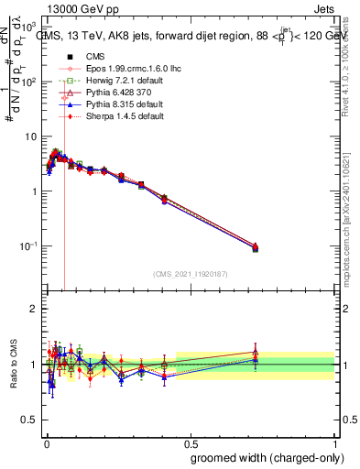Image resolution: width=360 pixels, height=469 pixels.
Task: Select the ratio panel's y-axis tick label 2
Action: tap(35, 309)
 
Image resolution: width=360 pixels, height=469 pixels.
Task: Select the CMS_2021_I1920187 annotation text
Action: tap(190, 274)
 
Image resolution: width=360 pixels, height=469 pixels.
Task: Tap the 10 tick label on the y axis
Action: tap(34, 136)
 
